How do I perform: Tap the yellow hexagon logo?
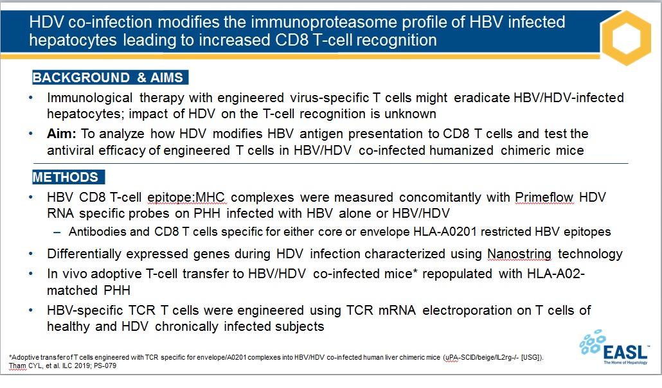click(627, 38)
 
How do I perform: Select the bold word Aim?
click(61, 134)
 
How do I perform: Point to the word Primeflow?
click(544, 197)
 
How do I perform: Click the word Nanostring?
click(519, 254)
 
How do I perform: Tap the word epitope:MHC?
click(186, 198)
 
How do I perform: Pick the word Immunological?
click(89, 98)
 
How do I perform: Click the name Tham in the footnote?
click(17, 366)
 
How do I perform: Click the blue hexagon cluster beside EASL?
click(593, 342)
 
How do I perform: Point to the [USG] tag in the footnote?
click(532, 357)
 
